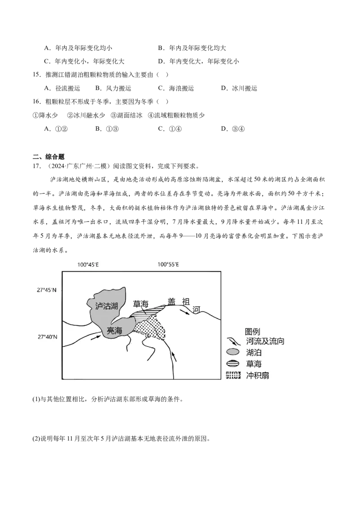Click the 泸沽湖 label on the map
click(x=106, y=306)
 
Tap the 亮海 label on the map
click(x=114, y=331)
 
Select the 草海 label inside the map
click(x=141, y=304)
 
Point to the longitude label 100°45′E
click(x=88, y=264)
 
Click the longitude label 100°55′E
click(x=168, y=264)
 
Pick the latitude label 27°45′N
click(x=46, y=290)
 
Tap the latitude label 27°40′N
click(x=46, y=337)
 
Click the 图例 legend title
click(x=252, y=331)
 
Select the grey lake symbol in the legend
click(x=233, y=352)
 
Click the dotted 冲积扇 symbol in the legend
click(x=233, y=375)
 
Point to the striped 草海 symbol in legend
click(x=233, y=364)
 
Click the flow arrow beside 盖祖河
click(x=185, y=312)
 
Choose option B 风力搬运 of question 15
click(x=113, y=88)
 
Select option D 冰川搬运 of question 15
click(x=239, y=88)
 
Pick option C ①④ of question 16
click(x=170, y=129)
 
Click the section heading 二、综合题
click(x=49, y=157)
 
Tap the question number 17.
click(x=37, y=166)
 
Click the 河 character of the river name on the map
click(x=196, y=310)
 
